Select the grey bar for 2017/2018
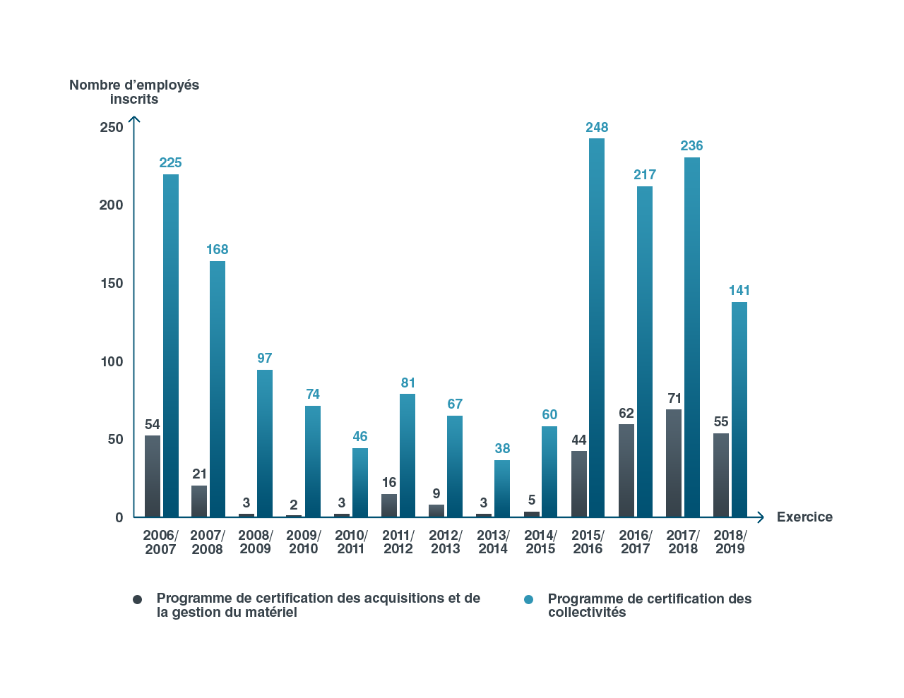[674, 462]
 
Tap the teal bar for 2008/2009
[265, 443]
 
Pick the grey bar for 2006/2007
[152, 475]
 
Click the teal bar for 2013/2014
[502, 488]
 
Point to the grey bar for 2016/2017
[626, 469]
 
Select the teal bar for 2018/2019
[739, 409]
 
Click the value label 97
[265, 359]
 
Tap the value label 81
[408, 383]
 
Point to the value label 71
[674, 399]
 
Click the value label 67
[455, 404]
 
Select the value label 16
[389, 483]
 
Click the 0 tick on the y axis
[119, 517]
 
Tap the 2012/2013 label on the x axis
[446, 542]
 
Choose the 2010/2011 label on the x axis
[351, 542]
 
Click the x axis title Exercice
[804, 517]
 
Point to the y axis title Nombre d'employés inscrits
[134, 92]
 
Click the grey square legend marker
[138, 599]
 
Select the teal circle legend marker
[528, 599]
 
